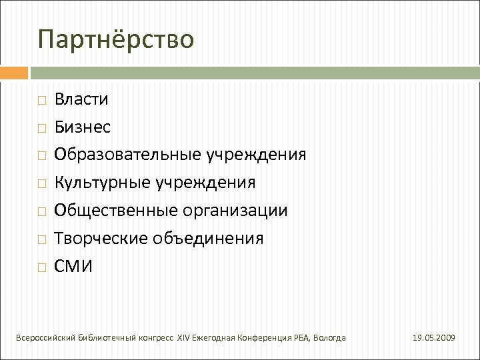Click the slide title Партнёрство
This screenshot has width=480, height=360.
coord(116,39)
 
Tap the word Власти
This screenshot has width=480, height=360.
coord(83,99)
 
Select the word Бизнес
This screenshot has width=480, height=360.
coord(83,127)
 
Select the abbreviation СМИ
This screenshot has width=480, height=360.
coord(74,267)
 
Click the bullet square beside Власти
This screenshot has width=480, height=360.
coord(42,101)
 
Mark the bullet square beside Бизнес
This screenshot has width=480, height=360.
coord(42,128)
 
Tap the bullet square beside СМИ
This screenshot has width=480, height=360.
coord(42,267)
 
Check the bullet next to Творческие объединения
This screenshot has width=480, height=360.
coord(42,239)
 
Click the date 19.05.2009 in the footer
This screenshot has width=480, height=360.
coord(435,339)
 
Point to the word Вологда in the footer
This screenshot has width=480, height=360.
coord(329,339)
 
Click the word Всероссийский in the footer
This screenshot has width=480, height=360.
coord(44,339)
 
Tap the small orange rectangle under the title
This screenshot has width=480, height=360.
coord(13,72)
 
